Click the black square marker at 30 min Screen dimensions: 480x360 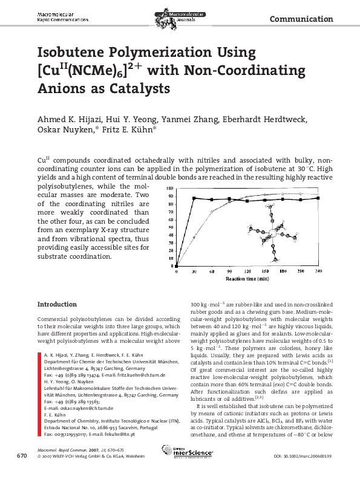(194, 198)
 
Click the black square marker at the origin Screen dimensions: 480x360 (177, 267)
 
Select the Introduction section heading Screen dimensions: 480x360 (57, 304)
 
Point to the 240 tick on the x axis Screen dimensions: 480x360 (318, 273)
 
